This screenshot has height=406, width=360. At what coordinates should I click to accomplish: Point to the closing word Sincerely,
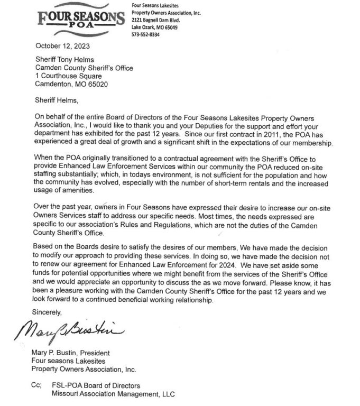click(52, 312)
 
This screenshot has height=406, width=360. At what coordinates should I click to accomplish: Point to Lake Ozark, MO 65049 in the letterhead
click(154, 27)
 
